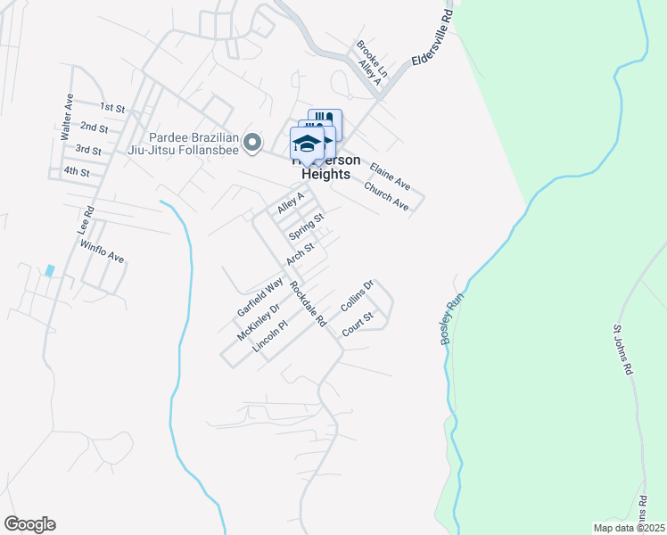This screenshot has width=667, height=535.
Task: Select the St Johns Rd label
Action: pyautogui.click(x=622, y=350)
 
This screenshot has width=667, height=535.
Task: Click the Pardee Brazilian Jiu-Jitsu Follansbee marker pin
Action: pyautogui.click(x=252, y=142)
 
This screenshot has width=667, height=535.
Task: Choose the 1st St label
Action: pyautogui.click(x=112, y=107)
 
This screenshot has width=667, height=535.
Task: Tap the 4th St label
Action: pyautogui.click(x=78, y=171)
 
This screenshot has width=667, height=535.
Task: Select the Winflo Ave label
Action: pyautogui.click(x=102, y=251)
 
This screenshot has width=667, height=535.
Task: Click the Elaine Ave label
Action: pyautogui.click(x=390, y=176)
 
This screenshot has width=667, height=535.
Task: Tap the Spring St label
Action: pyautogui.click(x=305, y=226)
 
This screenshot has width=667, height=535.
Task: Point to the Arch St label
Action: pyautogui.click(x=301, y=254)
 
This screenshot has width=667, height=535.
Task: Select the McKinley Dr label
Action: pyautogui.click(x=258, y=320)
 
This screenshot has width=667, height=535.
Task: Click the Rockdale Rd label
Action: pyautogui.click(x=308, y=302)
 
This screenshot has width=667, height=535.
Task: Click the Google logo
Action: pyautogui.click(x=29, y=524)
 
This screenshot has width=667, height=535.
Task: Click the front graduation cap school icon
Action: pyautogui.click(x=306, y=144)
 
